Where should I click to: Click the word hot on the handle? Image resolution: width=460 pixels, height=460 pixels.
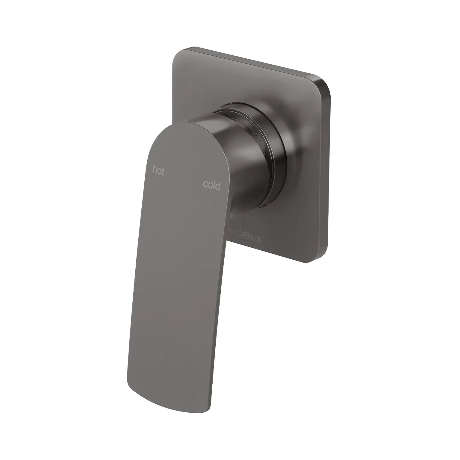tap(158, 170)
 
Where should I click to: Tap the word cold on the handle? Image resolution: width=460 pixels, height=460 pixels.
tap(212, 185)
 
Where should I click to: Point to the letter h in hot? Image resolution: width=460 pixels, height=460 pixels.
tap(155, 169)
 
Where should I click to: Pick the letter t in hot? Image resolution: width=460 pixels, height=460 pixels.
tap(163, 172)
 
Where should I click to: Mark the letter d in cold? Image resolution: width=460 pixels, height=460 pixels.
tap(218, 186)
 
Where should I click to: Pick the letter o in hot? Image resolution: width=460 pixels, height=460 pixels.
tap(159, 171)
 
